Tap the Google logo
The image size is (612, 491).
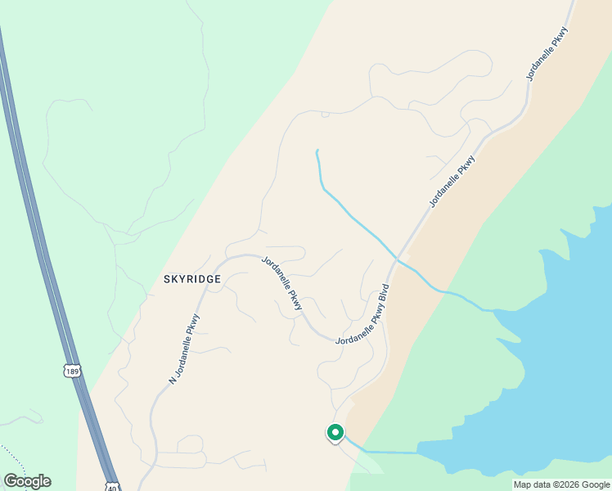[x=27, y=481]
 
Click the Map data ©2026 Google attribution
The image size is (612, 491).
[x=560, y=484]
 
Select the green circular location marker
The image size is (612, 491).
[x=335, y=431]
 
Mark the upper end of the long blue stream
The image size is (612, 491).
[x=317, y=151]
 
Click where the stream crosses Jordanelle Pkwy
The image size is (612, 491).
[x=397, y=259]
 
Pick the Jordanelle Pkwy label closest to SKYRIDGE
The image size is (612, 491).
[x=282, y=283]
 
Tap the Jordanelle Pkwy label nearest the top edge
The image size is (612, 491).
[x=547, y=54]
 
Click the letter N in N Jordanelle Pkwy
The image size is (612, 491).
[x=172, y=381]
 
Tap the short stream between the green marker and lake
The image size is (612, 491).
[x=385, y=452]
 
